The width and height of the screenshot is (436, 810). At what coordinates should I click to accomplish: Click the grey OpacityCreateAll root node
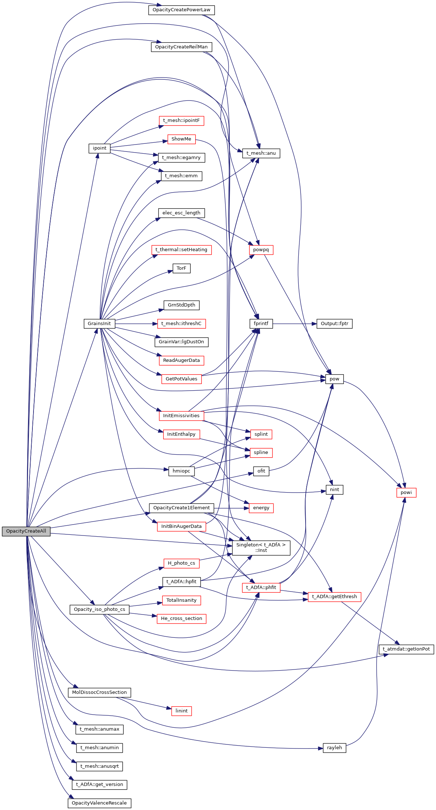(26, 531)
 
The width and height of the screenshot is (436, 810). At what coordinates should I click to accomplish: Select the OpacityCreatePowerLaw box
(181, 10)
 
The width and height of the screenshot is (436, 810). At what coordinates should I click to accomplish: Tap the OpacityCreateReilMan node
(181, 47)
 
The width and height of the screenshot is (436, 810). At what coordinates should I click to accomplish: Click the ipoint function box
(99, 148)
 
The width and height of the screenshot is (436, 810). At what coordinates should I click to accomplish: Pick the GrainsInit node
(99, 324)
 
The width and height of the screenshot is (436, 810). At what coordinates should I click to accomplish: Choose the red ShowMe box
(181, 139)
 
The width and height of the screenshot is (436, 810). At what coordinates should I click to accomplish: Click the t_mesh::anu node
(261, 153)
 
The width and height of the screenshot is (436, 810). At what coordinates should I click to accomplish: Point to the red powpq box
(261, 250)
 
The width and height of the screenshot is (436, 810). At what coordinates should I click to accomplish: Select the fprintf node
(261, 324)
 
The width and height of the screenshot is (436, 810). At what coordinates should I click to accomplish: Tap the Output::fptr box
(334, 324)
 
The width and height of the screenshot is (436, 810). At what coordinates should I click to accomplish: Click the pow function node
(334, 379)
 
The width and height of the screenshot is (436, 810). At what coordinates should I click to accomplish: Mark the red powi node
(406, 493)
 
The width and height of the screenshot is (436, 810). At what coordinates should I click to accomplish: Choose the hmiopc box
(181, 471)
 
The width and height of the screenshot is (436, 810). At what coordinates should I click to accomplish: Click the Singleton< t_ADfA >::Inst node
(261, 548)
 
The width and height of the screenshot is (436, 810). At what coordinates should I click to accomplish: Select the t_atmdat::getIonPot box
(406, 649)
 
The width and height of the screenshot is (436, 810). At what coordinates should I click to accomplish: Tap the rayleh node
(334, 748)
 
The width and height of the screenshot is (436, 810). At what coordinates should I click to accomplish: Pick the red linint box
(181, 711)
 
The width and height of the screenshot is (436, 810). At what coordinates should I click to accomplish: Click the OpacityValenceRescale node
(99, 803)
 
